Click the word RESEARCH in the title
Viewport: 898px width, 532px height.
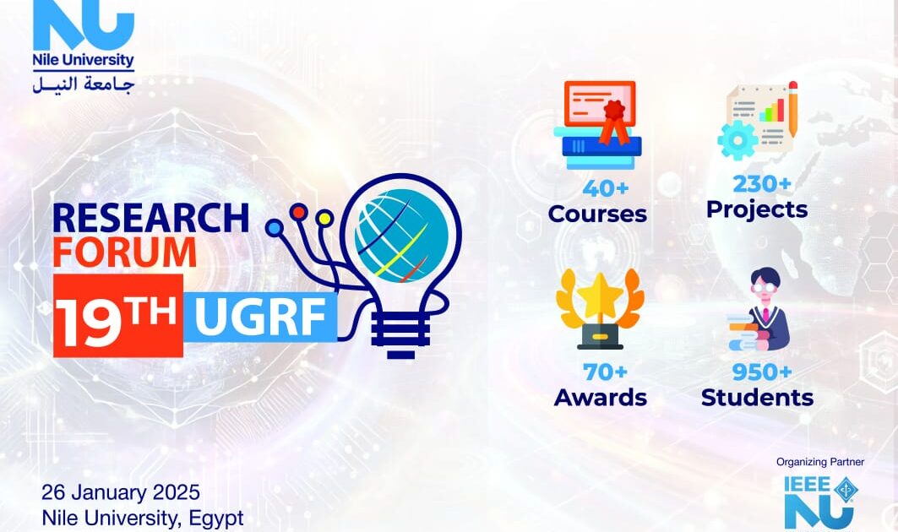coord(150,218)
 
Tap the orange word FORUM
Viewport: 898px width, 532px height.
coord(125,252)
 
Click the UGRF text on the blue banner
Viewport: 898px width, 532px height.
coord(260,318)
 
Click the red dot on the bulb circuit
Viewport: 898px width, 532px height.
coord(299,213)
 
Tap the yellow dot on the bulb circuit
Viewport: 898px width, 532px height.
coord(324,218)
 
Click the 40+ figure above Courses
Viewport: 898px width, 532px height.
coord(606,188)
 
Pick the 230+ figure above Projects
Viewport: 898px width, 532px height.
coord(762,184)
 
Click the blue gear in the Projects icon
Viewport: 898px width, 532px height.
coord(737,140)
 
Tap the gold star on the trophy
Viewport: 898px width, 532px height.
coord(600,296)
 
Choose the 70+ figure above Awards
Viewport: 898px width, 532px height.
coord(605,372)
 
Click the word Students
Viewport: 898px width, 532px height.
coord(757,398)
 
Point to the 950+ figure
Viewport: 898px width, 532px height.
coord(762,372)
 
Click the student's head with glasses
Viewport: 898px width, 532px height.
coord(765,285)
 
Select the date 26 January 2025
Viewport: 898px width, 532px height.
coord(121,492)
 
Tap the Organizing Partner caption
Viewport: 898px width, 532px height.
coord(820,462)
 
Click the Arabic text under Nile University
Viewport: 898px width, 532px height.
coord(84,84)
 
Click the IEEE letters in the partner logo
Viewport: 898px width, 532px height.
coord(807,484)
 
